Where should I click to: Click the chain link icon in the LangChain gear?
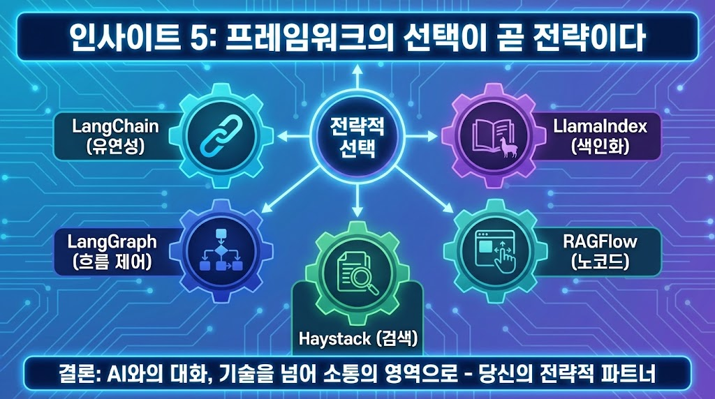(x=221, y=135)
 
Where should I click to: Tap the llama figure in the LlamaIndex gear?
(x=508, y=146)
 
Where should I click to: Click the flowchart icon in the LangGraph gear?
(x=221, y=250)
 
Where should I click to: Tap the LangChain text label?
(x=115, y=126)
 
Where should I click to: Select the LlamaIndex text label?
(x=600, y=126)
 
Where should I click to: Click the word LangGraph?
(x=112, y=242)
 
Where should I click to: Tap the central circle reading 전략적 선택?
(x=357, y=136)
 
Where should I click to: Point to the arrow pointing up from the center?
(x=357, y=76)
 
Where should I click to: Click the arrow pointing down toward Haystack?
(x=357, y=200)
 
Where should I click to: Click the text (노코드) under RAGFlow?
(x=600, y=261)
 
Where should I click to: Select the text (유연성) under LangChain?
(x=115, y=146)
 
